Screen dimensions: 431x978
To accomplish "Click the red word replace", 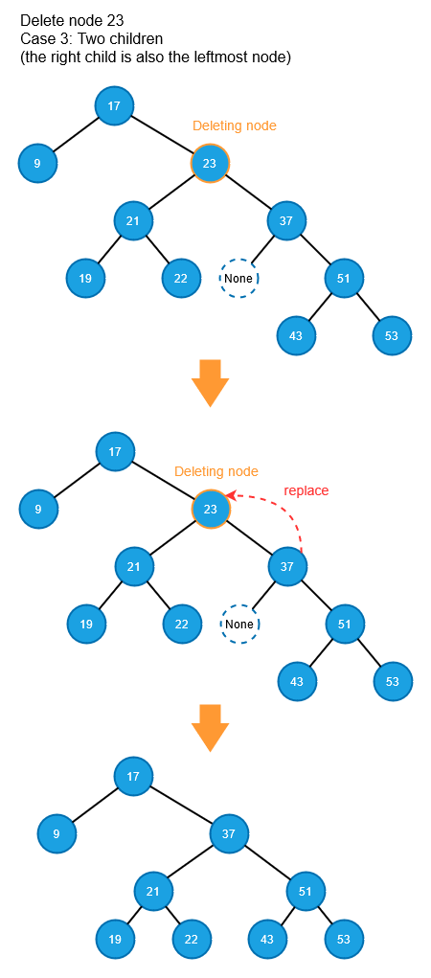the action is point(306,490).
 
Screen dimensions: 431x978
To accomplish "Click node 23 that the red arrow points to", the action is point(211,509).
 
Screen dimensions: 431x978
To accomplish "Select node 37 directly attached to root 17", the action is point(230,832).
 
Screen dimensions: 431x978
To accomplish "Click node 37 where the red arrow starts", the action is point(287,566).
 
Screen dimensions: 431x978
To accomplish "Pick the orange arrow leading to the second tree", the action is point(210,383).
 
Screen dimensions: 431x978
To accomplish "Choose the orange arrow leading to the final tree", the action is point(210,728).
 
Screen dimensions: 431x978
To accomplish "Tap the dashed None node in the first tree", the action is point(238,278).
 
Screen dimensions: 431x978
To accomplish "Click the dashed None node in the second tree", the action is point(239,624).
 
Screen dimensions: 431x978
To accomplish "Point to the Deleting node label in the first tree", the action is point(235,125).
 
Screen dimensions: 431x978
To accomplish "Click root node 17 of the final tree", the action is point(133,776).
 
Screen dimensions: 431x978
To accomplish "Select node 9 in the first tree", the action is point(37,164).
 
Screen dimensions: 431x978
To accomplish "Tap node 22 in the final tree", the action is point(191,940).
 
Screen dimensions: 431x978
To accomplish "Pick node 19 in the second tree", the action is point(87,624).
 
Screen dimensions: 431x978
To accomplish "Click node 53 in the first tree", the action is point(392,335).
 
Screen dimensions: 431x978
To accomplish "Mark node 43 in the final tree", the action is point(267,940).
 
